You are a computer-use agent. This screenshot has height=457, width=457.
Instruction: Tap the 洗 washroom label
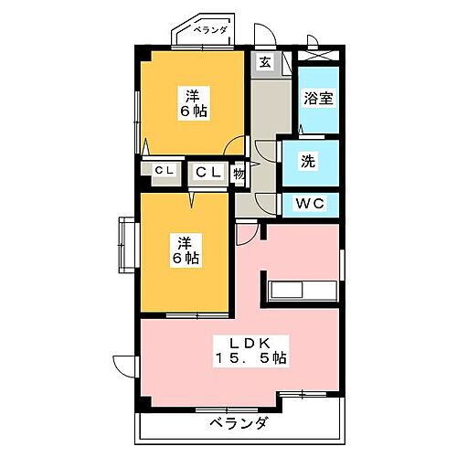[x=309, y=162]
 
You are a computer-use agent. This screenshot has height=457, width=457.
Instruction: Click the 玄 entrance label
[x=263, y=62]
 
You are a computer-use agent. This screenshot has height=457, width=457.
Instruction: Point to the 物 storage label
[x=238, y=171]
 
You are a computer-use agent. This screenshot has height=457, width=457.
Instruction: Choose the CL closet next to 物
[x=207, y=171]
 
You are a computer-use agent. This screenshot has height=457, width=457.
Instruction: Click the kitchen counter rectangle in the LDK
[x=303, y=292]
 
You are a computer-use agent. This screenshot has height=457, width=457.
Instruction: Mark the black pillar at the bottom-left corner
[x=143, y=405]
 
